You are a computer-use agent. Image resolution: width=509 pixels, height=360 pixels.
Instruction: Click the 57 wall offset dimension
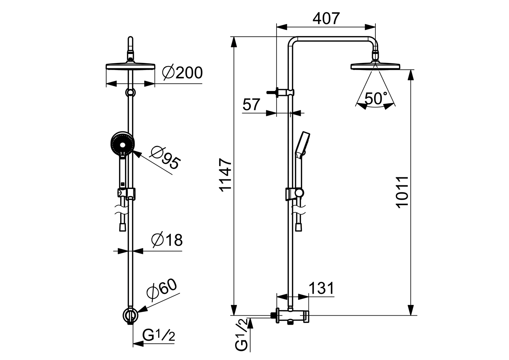point(251,105)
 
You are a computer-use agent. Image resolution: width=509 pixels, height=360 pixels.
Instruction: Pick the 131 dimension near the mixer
point(321,288)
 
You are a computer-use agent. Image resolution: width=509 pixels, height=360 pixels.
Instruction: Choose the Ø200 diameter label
point(182,72)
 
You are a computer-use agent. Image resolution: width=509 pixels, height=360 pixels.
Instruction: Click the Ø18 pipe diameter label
point(167,240)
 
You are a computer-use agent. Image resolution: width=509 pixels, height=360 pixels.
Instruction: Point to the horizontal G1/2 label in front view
point(159,335)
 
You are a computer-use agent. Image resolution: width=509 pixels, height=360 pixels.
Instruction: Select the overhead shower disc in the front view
point(130,66)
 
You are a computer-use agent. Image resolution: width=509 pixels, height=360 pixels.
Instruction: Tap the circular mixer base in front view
point(130,314)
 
